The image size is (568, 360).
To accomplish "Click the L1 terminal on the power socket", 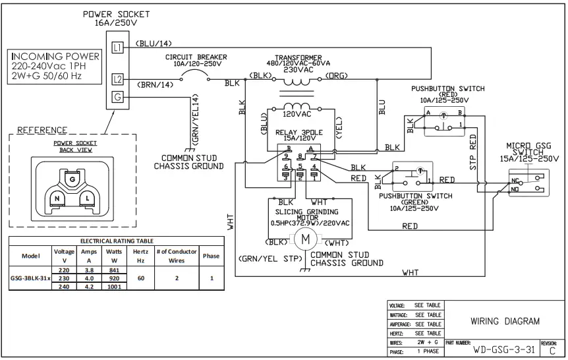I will pos(118,47).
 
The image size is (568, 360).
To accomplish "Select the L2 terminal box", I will pos(118,80).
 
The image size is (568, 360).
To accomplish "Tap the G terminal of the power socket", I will pos(118,97).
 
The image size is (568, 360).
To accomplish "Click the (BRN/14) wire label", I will pos(155,84).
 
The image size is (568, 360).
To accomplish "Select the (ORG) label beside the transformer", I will pos(342,75).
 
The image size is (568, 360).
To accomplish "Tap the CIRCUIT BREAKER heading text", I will pos(196,57).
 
